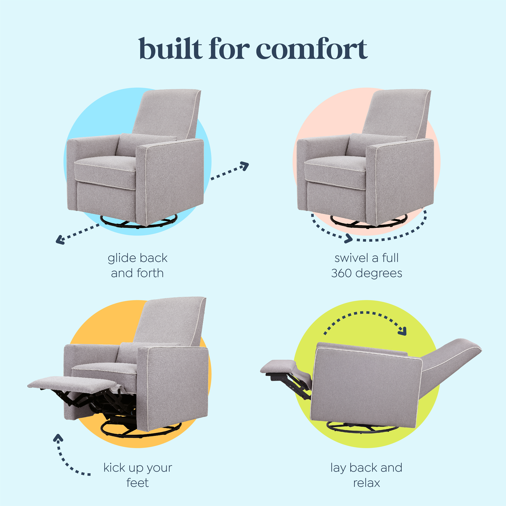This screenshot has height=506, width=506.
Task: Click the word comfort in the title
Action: [x=312, y=49]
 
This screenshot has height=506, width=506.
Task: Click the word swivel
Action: [x=351, y=258]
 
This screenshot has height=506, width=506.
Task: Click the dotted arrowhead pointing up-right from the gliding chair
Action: [x=245, y=166]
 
